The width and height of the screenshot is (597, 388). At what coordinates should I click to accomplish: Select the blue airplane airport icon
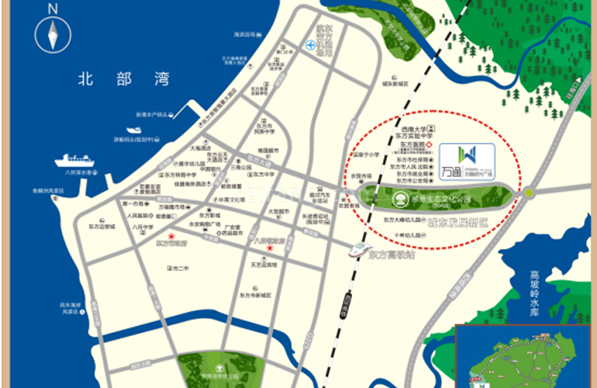tap(311, 45)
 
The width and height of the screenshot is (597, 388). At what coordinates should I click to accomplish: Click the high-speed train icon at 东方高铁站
tap(358, 248)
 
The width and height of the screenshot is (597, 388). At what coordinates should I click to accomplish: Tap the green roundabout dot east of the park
tap(529, 192)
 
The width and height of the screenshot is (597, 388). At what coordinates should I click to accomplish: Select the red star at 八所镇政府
tap(269, 248)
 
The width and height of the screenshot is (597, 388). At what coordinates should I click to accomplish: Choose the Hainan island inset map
tap(526, 356)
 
